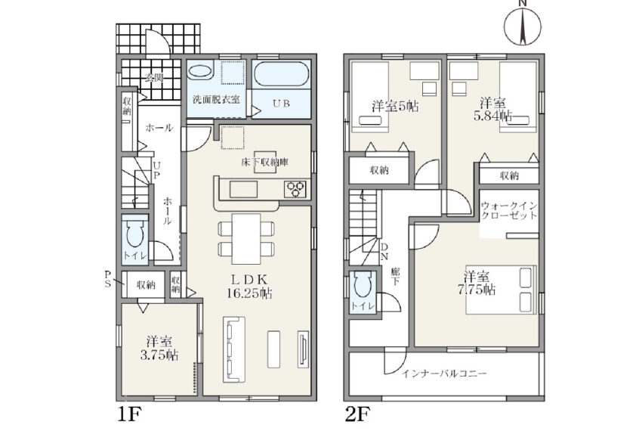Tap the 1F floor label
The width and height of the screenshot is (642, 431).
coord(129,414)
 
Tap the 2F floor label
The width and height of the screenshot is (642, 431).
coord(358,414)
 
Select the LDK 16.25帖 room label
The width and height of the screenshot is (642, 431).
coord(249,287)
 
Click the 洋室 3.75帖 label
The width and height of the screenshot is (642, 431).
coord(159,348)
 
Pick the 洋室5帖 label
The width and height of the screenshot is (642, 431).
coord(395,107)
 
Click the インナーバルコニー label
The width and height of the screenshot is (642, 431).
coord(444,374)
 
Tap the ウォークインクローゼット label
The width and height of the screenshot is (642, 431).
coord(509,210)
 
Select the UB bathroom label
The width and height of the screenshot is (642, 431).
coord(281,104)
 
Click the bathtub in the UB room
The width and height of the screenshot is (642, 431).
coord(281,74)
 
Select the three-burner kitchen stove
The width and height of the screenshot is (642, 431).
coord(295,190)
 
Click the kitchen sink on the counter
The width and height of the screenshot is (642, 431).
coord(243,190)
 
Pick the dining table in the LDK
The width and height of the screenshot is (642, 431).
coord(246,239)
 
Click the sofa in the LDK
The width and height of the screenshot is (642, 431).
coord(234,349)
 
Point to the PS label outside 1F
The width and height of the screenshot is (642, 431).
coord(108,278)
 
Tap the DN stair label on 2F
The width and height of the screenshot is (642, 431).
coord(384,252)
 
